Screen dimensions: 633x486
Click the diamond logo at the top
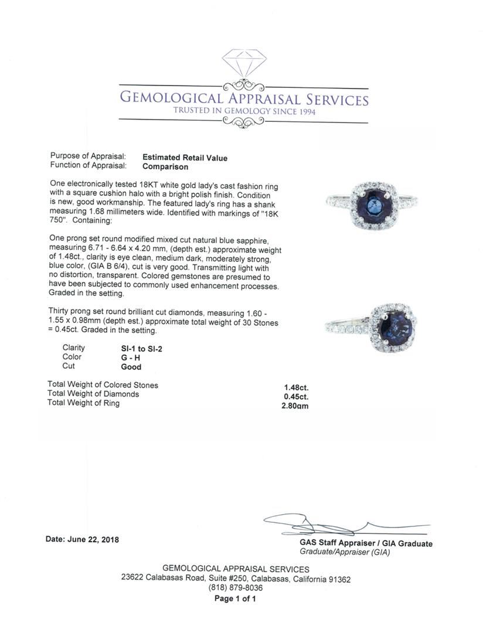tap(244, 63)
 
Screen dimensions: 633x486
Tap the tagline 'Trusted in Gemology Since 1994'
tap(244, 111)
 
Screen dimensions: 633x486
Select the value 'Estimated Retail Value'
tap(185, 158)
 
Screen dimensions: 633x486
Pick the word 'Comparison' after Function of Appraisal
tap(165, 166)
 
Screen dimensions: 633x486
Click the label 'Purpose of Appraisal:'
tap(88, 157)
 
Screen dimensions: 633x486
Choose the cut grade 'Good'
tap(131, 367)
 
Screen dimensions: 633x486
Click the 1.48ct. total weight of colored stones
tap(296, 387)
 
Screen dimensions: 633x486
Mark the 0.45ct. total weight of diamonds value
tap(296, 396)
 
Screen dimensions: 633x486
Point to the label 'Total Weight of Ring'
tap(83, 403)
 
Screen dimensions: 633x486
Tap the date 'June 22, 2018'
tap(82, 540)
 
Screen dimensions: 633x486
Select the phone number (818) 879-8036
tap(236, 588)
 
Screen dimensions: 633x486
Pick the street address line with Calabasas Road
tap(236, 579)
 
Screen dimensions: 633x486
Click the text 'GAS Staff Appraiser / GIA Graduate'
tap(366, 544)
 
